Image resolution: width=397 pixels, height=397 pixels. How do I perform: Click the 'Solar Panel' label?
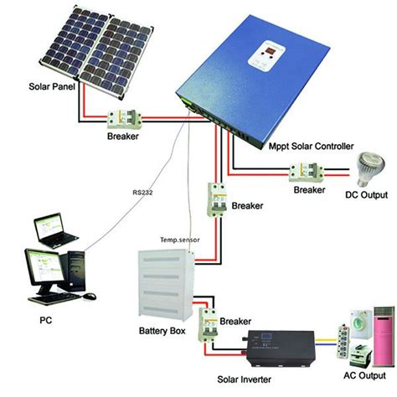pos(52,86)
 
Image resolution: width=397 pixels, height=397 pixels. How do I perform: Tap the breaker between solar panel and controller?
pos(125,119)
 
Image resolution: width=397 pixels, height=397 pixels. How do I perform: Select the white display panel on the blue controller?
pos(266,56)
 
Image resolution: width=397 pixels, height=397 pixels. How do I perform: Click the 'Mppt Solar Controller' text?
pos(311,146)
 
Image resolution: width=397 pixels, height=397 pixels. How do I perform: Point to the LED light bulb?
pos(370,168)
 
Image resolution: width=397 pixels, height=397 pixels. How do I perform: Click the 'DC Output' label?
pos(366,194)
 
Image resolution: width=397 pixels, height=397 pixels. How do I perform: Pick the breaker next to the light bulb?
pos(307,173)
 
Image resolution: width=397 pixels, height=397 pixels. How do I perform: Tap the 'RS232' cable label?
pos(142,193)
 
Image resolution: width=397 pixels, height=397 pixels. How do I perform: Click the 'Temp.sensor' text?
pos(180,240)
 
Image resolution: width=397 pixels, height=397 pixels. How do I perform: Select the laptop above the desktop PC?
pos(54,230)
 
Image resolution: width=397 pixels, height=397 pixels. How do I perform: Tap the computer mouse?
pos(90,296)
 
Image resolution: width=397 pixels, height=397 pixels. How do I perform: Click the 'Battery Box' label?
pos(162,331)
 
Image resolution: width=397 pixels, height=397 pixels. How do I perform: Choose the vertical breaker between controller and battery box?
pos(216,199)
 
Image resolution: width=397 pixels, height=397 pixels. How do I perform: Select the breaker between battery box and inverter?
pos(208,325)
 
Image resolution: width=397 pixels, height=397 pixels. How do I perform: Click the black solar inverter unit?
pos(281,348)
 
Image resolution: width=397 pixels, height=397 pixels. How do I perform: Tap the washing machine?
pos(360,324)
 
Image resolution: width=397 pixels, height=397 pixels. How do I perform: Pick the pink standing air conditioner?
pos(384,336)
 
